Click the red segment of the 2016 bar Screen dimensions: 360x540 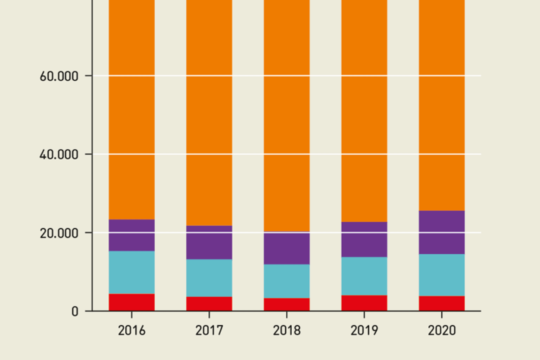[131, 302]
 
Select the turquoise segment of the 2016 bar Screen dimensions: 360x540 [131, 272]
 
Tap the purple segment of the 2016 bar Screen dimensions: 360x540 [131, 235]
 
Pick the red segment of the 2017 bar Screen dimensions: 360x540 [209, 304]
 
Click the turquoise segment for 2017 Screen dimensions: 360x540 [209, 278]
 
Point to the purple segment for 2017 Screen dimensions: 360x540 [209, 243]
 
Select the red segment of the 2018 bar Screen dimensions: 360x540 [286, 304]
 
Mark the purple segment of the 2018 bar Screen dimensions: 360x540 [286, 248]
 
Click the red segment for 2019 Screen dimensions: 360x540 [364, 303]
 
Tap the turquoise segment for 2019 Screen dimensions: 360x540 [364, 276]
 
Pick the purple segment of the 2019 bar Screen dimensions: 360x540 [364, 239]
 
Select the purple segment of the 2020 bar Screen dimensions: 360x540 [442, 232]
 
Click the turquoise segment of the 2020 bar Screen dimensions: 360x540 [442, 275]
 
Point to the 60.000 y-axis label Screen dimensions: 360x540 [58, 75]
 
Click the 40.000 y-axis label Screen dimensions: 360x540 [58, 154]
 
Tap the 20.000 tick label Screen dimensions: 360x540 [58, 233]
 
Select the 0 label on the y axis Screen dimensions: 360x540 [75, 311]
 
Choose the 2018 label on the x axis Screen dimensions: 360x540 [286, 330]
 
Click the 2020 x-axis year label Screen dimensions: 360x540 [442, 330]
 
